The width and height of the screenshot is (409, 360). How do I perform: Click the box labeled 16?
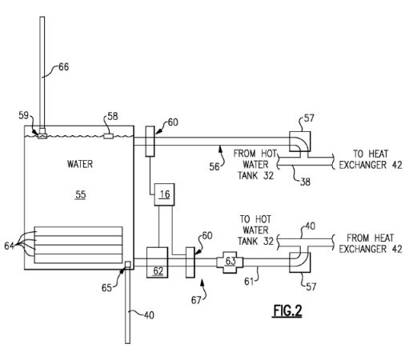click(x=164, y=194)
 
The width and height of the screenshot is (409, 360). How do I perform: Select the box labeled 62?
click(x=157, y=262)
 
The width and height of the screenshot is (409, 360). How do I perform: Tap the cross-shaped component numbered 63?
click(x=230, y=262)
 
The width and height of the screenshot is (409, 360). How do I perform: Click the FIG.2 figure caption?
click(x=287, y=311)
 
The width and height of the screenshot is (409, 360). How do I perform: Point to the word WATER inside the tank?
click(x=80, y=164)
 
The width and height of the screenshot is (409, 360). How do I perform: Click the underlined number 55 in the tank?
click(x=81, y=195)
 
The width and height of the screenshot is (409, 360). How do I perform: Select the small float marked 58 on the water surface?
click(x=108, y=136)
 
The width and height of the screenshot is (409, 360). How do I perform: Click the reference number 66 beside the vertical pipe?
click(x=63, y=67)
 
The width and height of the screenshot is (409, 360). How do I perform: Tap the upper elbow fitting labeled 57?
click(x=300, y=142)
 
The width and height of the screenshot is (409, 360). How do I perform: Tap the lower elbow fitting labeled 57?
click(x=300, y=262)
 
